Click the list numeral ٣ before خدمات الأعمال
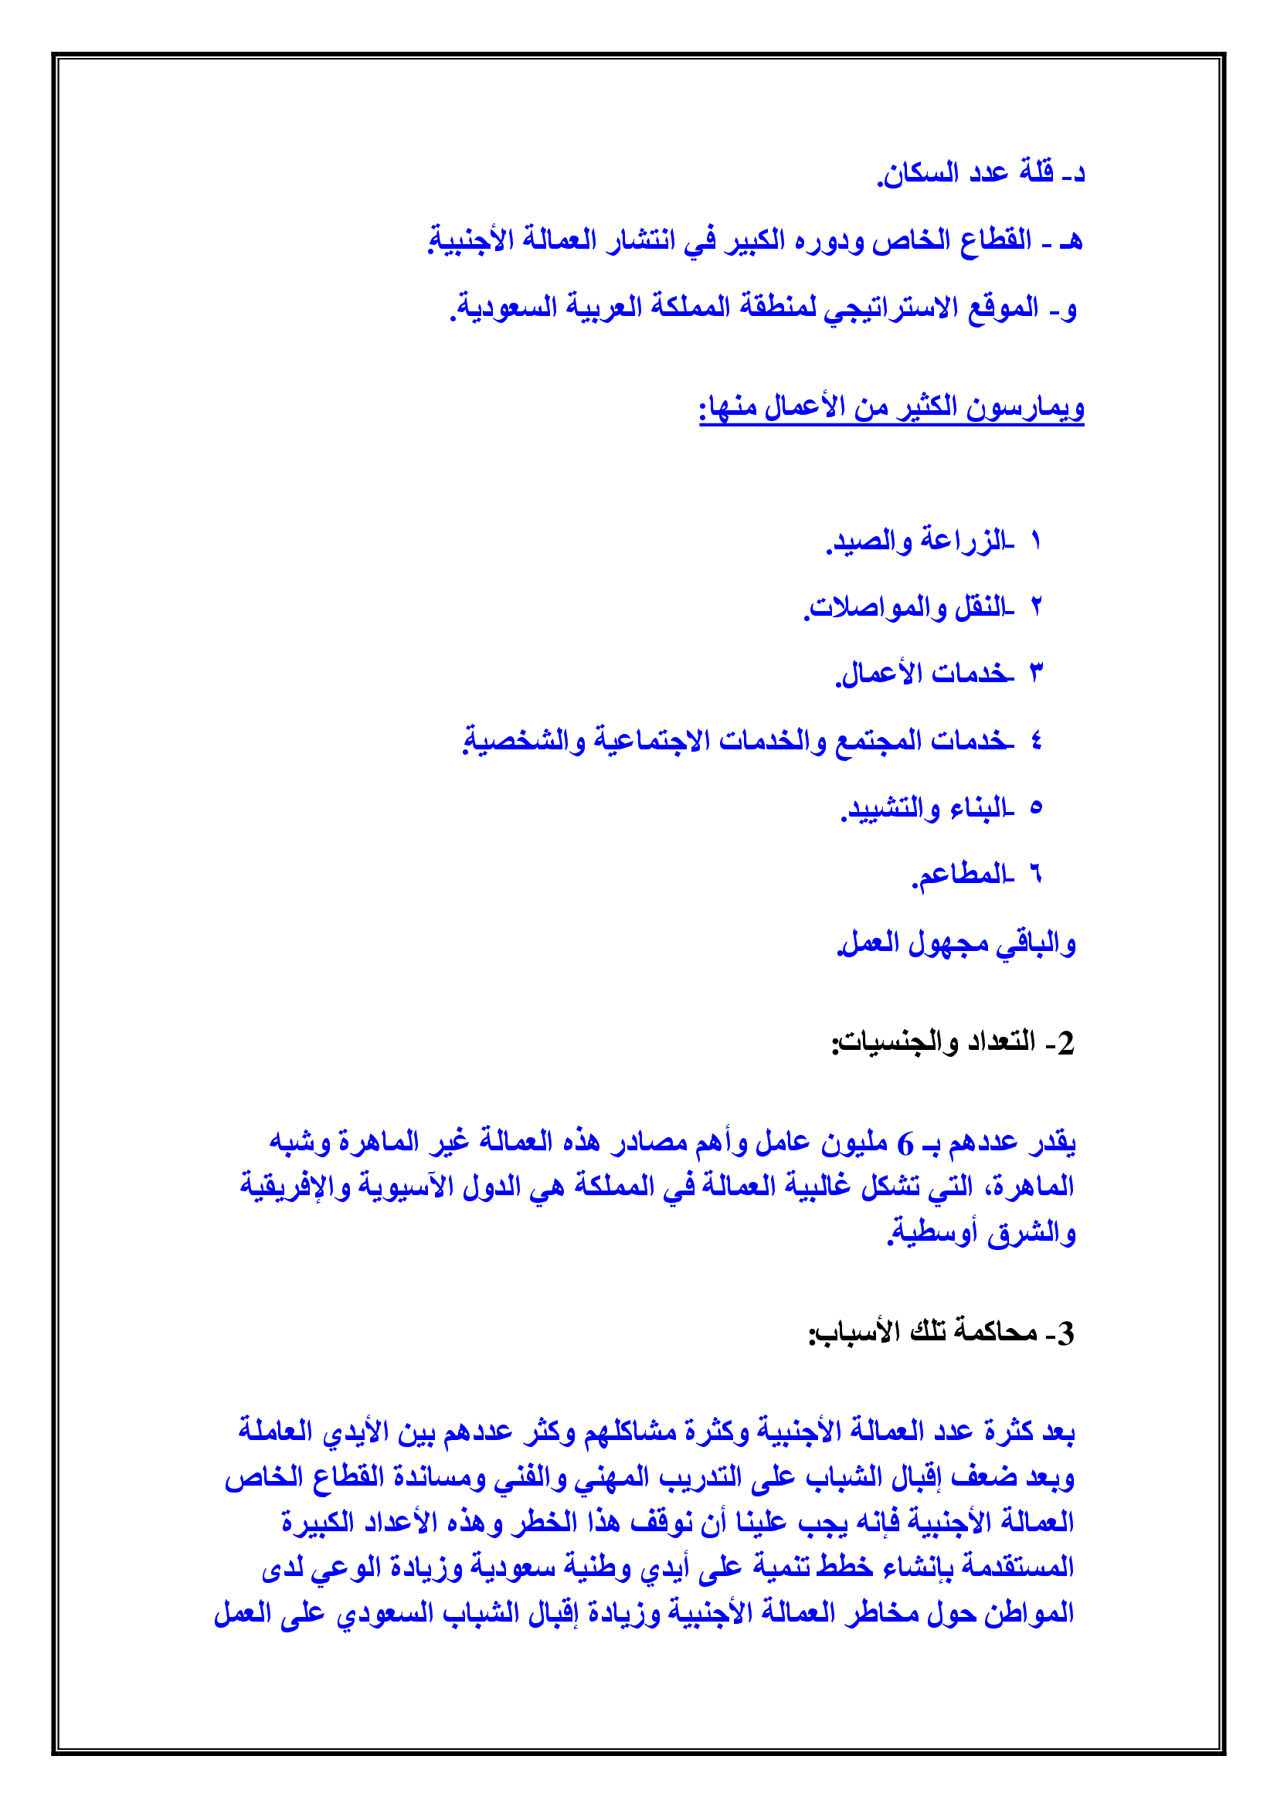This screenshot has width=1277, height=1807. (1036, 674)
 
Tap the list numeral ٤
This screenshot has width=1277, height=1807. (1036, 741)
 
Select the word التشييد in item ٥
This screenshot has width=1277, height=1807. (883, 808)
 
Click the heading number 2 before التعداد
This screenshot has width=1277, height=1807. (1065, 1043)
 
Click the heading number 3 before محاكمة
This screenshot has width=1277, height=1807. (1065, 1333)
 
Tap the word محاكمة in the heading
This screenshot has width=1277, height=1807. (996, 1332)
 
